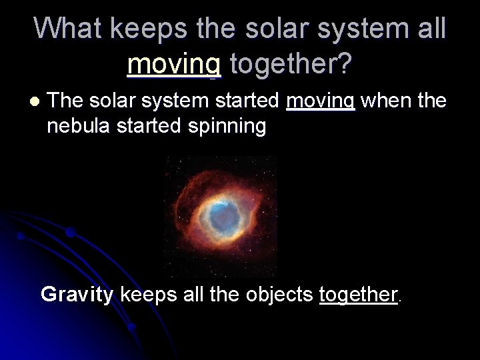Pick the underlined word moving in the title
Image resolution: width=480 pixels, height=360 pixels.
click(x=174, y=64)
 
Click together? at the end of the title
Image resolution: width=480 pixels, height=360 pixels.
click(x=291, y=64)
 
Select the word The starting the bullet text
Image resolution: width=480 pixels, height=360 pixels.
click(x=65, y=101)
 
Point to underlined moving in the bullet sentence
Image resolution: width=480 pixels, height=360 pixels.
click(x=321, y=102)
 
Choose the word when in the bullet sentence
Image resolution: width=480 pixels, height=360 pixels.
click(x=381, y=101)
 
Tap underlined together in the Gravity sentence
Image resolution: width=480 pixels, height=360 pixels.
click(x=358, y=295)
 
